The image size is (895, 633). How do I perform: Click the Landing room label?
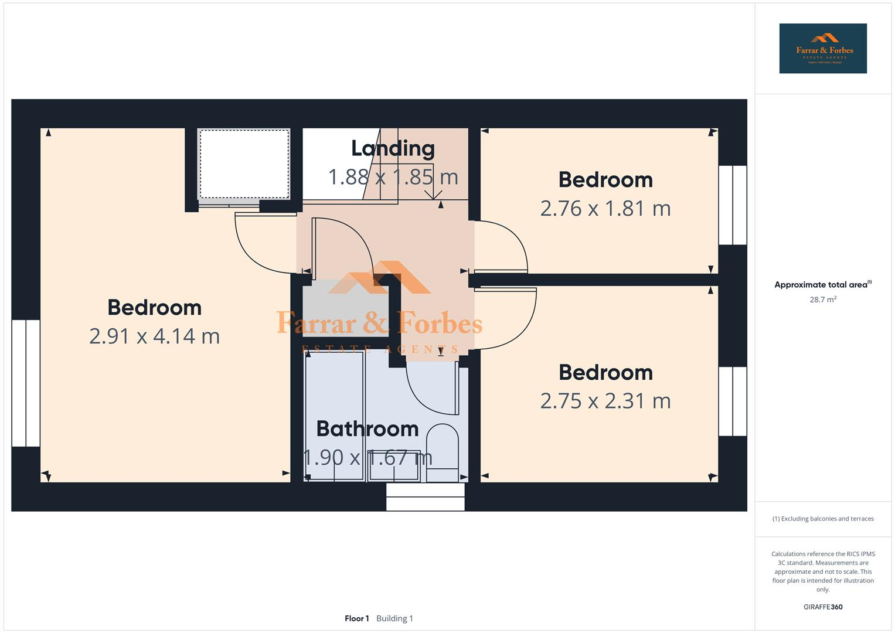[x=393, y=148]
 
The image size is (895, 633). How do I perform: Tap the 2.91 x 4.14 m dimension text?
[x=154, y=336]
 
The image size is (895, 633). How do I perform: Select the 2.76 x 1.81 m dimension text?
[x=605, y=208]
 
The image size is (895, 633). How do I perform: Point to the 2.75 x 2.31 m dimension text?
[x=605, y=401]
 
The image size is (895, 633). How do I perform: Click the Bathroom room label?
[x=367, y=429]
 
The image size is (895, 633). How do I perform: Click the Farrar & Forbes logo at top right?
[x=822, y=49]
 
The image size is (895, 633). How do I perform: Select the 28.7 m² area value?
[x=822, y=300]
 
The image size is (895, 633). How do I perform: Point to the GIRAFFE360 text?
[x=822, y=607]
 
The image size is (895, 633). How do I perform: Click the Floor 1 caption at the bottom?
[x=357, y=618]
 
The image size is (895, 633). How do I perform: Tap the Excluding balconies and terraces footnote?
[x=822, y=519]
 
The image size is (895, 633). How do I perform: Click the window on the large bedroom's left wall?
[x=26, y=383]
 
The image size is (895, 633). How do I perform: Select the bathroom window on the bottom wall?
[x=425, y=496]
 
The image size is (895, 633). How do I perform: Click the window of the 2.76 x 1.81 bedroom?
[x=733, y=205]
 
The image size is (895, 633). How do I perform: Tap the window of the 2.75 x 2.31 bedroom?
[x=733, y=401]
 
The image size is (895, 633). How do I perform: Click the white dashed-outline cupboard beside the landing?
[x=244, y=164]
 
